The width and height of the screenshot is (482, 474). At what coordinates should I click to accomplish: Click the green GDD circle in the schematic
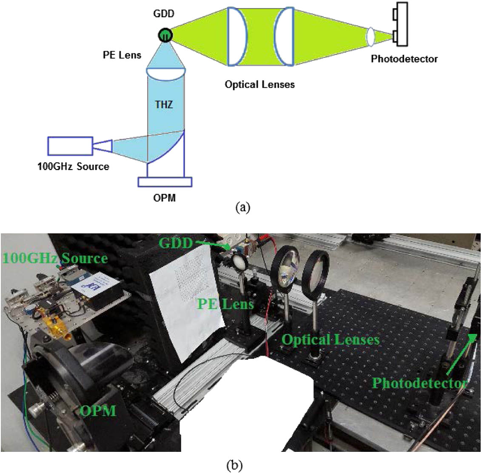[x=165, y=35]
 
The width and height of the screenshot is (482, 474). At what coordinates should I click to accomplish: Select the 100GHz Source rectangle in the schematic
[x=70, y=146]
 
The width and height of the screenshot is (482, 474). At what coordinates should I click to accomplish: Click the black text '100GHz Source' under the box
[x=73, y=166]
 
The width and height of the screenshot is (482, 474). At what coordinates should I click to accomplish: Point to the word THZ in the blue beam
[x=164, y=103]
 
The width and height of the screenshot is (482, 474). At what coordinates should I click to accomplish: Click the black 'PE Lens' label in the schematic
[x=122, y=55]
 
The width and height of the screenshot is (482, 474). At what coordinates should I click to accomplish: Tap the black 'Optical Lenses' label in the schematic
[x=260, y=84]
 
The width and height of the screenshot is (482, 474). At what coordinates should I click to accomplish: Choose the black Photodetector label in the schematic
[x=404, y=58]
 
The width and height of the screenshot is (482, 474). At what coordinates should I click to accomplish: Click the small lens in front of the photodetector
[x=371, y=37]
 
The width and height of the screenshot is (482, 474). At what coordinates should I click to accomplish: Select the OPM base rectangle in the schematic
[x=165, y=182]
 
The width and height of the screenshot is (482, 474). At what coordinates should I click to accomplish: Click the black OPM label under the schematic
[x=164, y=198]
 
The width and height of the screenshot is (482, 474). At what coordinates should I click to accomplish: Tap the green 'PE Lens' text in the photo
[x=225, y=304]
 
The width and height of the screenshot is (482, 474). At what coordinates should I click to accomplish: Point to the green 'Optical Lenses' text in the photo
[x=330, y=340]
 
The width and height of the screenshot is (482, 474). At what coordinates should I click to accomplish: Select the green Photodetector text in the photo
[x=419, y=383]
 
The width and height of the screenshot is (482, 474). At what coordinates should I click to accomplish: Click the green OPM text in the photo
[x=98, y=411]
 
